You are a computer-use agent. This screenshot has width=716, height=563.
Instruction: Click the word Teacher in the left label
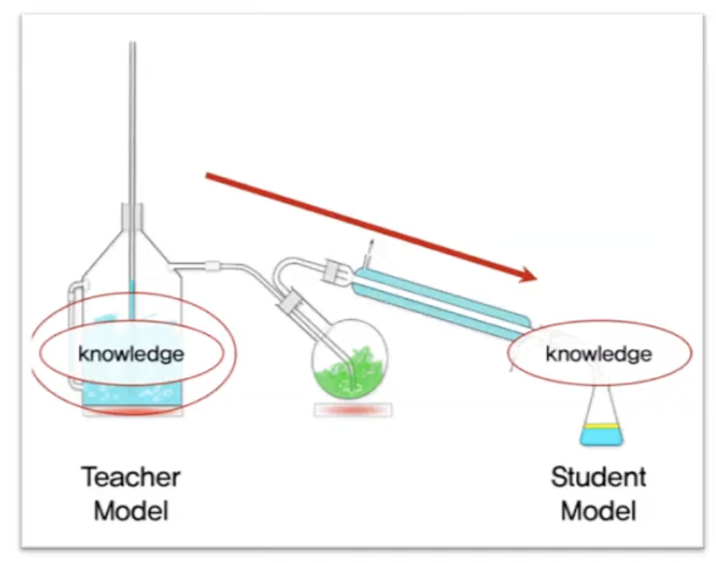tap(131, 478)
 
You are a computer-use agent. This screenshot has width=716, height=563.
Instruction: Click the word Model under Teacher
tap(131, 510)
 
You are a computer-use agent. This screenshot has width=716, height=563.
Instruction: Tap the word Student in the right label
tap(598, 478)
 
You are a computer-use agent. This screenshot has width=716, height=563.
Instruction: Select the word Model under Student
tap(598, 510)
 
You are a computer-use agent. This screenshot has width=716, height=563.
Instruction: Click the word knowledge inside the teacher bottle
tap(131, 353)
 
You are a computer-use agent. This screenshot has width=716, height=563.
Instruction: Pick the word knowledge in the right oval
tap(598, 353)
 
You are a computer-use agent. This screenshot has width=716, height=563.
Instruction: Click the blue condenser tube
tap(439, 295)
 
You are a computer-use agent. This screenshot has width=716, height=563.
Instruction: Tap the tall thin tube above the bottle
tap(132, 120)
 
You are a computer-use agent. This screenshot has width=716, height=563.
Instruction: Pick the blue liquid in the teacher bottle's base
tap(132, 393)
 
